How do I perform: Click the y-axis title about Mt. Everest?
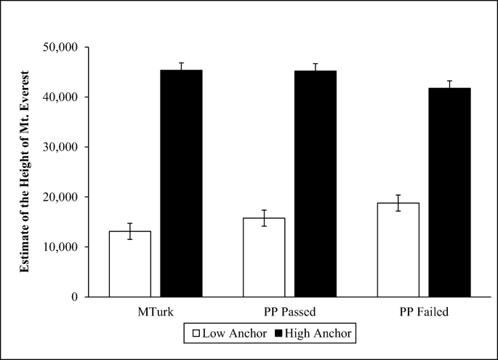click(x=25, y=172)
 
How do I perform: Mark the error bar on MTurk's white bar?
click(x=130, y=231)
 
